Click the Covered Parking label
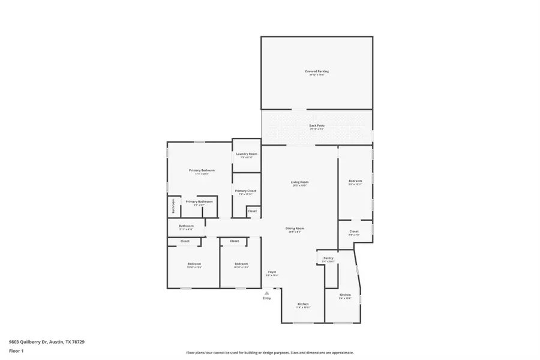[x=316, y=71]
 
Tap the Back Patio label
[x=316, y=125]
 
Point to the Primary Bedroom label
[x=199, y=170]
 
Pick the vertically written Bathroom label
[x=173, y=206]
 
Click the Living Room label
[x=299, y=182]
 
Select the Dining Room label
[x=295, y=229]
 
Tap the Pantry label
[x=328, y=258]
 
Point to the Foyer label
[x=272, y=272]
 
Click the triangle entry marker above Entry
[x=267, y=293]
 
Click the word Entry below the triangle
[x=267, y=298]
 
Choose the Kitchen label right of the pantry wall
[x=345, y=295]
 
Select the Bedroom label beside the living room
[x=355, y=181]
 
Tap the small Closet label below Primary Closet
[x=252, y=211]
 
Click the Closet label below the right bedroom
[x=354, y=232]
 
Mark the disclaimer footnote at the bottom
[x=269, y=353]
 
